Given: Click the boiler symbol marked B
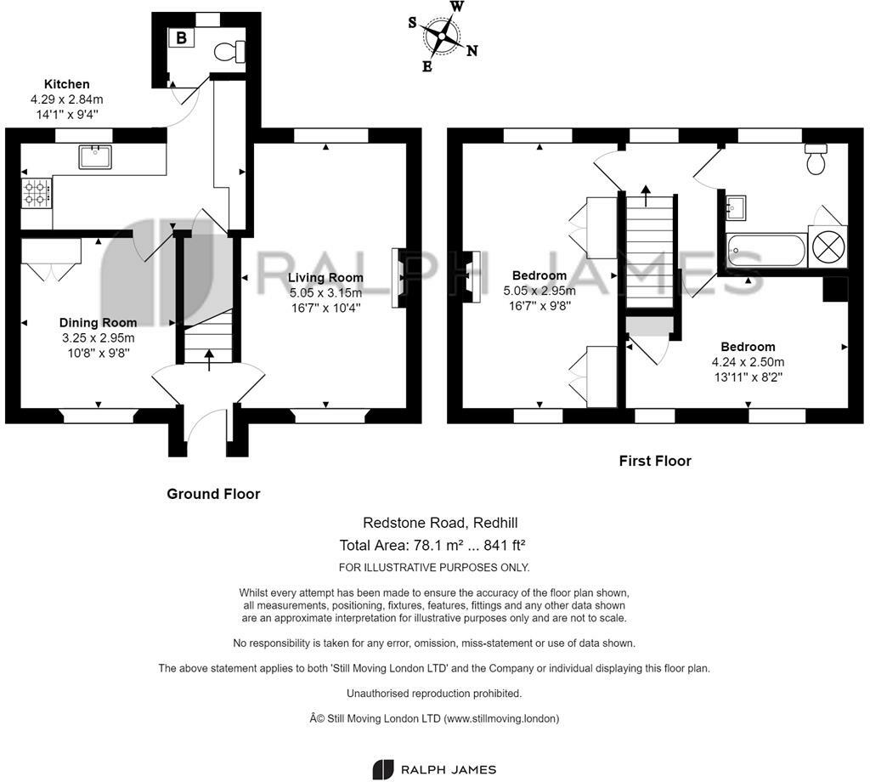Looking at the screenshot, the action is click(x=181, y=37).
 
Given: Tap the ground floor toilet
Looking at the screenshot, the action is click(x=229, y=52).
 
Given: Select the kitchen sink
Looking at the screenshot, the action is click(x=95, y=156).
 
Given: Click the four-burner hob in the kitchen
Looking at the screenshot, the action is click(x=37, y=193).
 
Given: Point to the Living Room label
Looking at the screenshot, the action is click(x=325, y=277).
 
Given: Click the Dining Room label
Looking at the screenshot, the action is click(x=99, y=322).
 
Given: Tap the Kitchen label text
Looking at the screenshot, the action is click(x=66, y=84).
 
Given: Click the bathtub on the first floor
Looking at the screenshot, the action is click(x=766, y=250).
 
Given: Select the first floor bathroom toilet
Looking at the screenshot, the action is click(x=816, y=159).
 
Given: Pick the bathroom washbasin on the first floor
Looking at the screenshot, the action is click(x=736, y=207).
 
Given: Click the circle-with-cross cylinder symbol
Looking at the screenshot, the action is click(x=828, y=246).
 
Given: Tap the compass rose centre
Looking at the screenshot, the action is click(x=442, y=37).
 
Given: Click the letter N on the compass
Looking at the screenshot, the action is click(x=472, y=51).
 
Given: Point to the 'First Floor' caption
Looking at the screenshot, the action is click(x=655, y=461).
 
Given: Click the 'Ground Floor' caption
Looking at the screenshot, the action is click(x=213, y=494).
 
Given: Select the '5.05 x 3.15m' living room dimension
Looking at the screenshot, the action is click(x=325, y=292).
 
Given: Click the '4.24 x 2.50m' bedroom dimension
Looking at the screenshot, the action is click(x=748, y=362).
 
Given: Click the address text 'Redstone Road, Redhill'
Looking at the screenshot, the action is click(x=440, y=522).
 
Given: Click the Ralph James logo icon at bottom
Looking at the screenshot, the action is click(x=382, y=769).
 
